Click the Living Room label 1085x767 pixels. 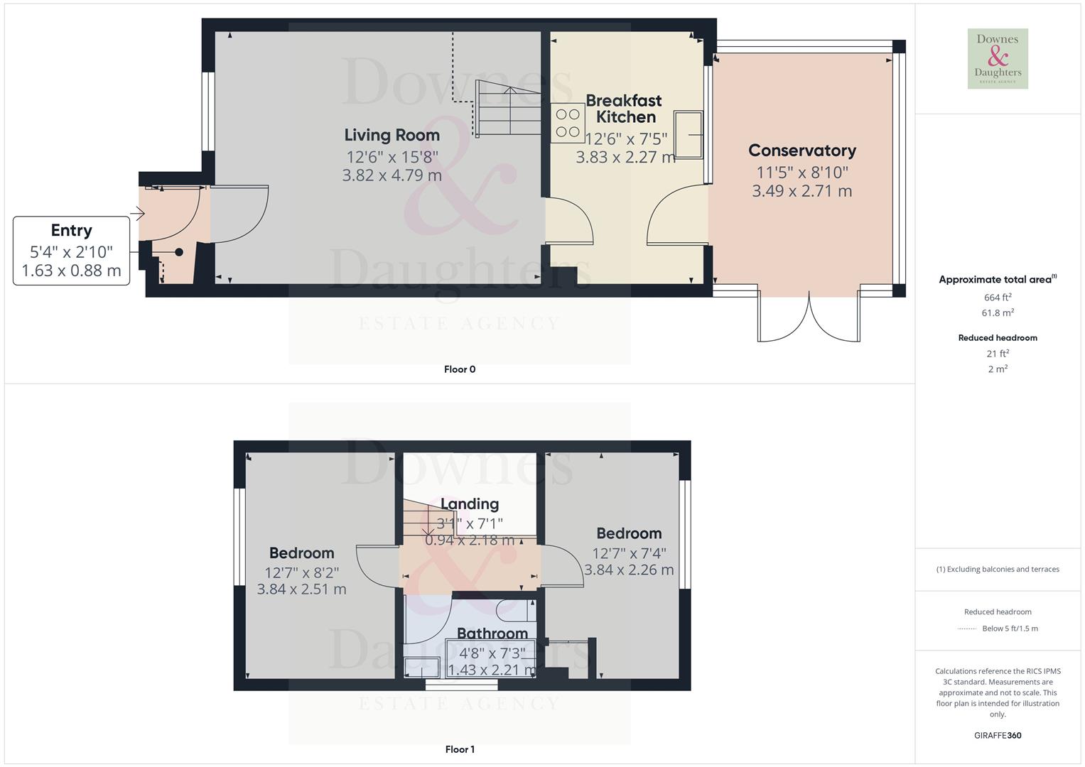[x=392, y=135]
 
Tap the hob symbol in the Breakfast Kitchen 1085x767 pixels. [x=567, y=122]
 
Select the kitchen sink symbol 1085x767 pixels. [x=689, y=134]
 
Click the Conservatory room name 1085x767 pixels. [x=801, y=151]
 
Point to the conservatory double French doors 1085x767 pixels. [x=809, y=316]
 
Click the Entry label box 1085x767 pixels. [x=71, y=251]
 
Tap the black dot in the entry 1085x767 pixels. [x=179, y=252]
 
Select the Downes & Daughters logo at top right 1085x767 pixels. [x=998, y=58]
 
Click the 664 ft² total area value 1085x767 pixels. [x=998, y=298]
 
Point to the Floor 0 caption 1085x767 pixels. [x=459, y=369]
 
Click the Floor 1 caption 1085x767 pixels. [x=459, y=749]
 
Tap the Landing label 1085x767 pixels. [x=470, y=504]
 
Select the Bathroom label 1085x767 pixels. [x=492, y=633]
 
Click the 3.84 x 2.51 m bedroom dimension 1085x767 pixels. [x=301, y=589]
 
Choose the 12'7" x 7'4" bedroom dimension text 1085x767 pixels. [x=629, y=553]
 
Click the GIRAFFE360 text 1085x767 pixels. [x=998, y=736]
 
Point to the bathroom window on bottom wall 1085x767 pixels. [x=461, y=685]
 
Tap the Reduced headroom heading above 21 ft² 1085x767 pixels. [x=998, y=338]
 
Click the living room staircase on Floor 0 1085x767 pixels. [x=509, y=109]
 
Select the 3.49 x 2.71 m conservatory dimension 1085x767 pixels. [x=801, y=191]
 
